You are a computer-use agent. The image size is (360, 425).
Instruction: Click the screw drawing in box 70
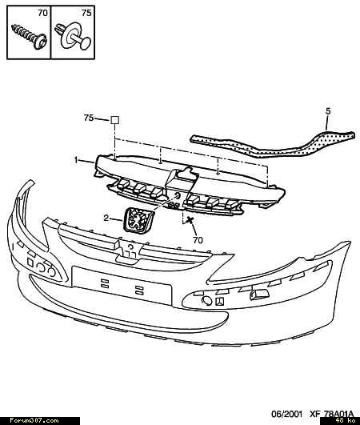[30, 37]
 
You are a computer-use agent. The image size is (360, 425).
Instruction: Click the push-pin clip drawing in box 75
[73, 37]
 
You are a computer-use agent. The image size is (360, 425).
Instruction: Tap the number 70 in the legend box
[42, 13]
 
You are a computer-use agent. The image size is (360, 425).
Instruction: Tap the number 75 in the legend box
[86, 13]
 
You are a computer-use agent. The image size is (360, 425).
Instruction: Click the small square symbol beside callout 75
[115, 120]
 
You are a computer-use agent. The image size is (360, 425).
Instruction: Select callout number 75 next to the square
[89, 118]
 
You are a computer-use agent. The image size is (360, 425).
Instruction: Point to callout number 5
[328, 111]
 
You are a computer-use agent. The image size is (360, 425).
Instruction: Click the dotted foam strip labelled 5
[273, 143]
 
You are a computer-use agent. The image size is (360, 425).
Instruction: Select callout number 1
[76, 160]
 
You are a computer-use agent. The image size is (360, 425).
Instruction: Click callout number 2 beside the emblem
[106, 218]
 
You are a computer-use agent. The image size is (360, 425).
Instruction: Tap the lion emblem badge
[138, 220]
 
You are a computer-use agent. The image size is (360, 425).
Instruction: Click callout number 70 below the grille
[198, 240]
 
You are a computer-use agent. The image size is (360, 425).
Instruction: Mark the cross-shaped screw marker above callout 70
[190, 220]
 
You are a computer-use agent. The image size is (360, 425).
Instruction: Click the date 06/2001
[286, 414]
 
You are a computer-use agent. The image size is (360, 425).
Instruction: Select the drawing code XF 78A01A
[331, 414]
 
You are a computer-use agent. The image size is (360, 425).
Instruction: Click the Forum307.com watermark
[34, 421]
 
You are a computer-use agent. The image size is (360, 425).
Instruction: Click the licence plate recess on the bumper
[122, 285]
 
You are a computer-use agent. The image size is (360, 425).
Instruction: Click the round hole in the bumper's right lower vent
[207, 301]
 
